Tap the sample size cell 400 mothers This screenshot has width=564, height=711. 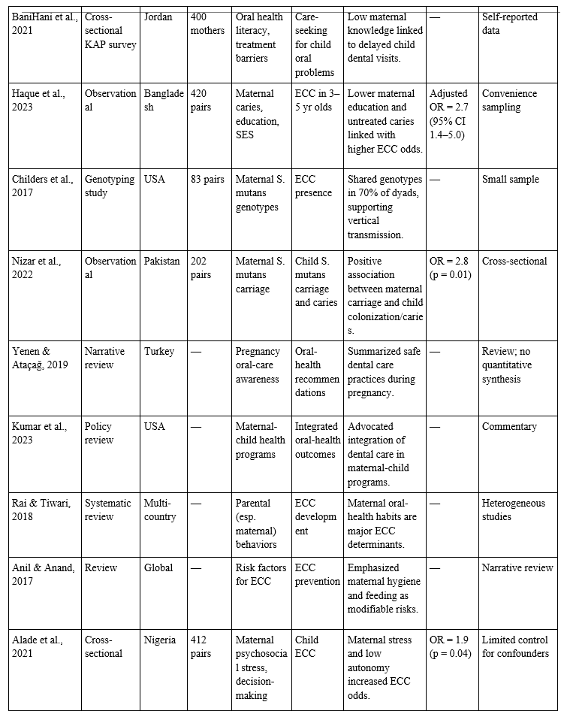tap(207, 23)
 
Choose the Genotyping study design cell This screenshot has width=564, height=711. tap(110, 186)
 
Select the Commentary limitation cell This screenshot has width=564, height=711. tap(509, 426)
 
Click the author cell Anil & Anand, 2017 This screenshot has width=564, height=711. tap(43, 574)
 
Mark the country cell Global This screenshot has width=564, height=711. tap(158, 567)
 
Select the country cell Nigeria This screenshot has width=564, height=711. tap(160, 640)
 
